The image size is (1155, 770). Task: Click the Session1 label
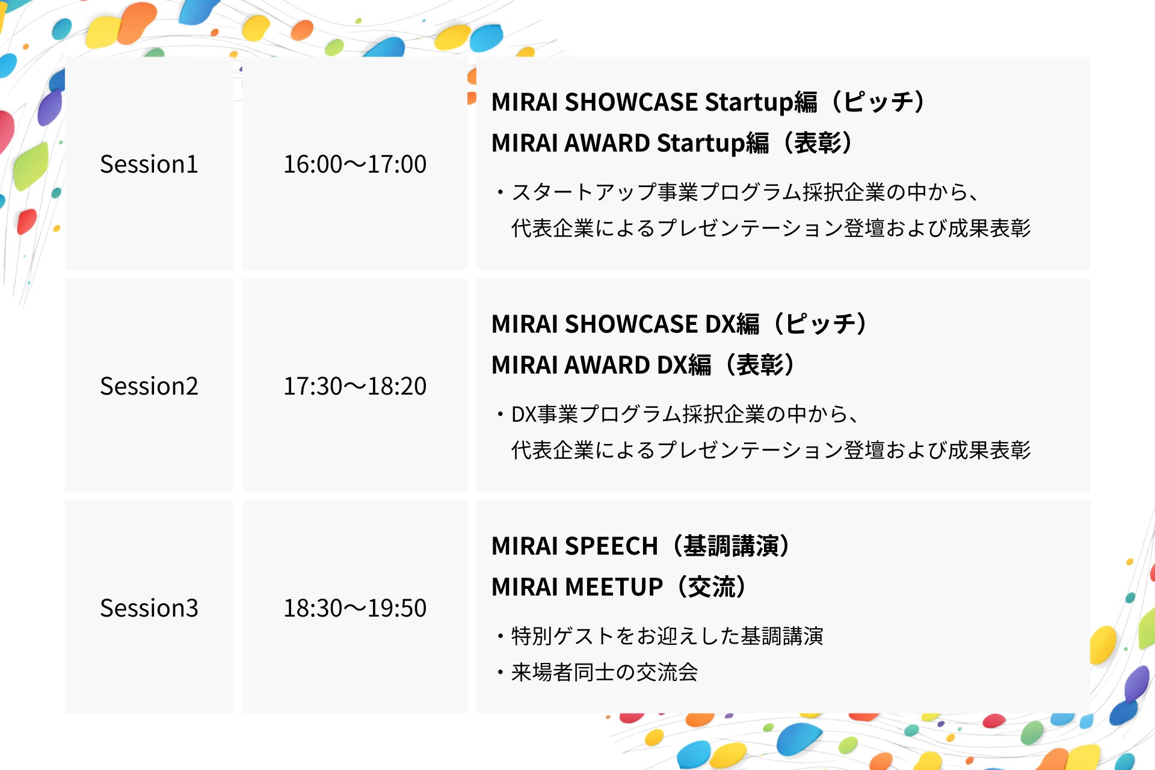tap(149, 164)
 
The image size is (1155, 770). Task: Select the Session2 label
tap(149, 386)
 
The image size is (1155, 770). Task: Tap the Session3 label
tap(149, 608)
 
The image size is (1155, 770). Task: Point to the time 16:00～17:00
tap(355, 164)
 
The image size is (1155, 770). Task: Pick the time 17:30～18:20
tap(355, 386)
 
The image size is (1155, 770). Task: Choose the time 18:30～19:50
tap(355, 608)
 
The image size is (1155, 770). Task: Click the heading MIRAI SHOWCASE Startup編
tap(654, 102)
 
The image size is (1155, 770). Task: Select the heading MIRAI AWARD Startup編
tap(630, 143)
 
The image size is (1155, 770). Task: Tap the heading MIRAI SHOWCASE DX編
tap(626, 324)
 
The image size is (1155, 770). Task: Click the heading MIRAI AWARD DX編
tap(602, 365)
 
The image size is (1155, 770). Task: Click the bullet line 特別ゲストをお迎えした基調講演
tap(659, 636)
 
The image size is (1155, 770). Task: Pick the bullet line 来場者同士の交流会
tap(597, 672)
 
